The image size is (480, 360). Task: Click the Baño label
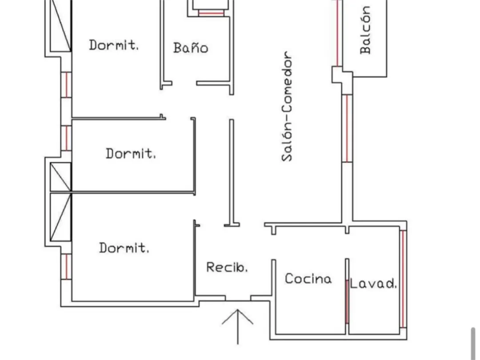(x=191, y=48)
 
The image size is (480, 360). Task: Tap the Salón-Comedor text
(x=288, y=107)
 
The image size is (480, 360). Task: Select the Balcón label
(x=365, y=30)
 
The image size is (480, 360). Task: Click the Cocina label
(x=308, y=279)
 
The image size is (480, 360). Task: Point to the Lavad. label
(x=373, y=284)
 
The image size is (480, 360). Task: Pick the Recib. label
(x=227, y=267)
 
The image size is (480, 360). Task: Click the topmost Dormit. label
(x=114, y=45)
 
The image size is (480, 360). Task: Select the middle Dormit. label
(x=131, y=154)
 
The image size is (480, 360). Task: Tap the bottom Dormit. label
(x=124, y=248)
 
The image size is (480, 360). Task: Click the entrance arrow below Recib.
(x=238, y=324)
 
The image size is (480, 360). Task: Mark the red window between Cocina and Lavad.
(x=347, y=302)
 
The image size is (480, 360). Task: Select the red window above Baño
(x=211, y=13)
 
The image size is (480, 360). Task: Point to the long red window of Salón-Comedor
(x=347, y=128)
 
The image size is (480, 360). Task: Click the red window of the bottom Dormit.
(x=66, y=267)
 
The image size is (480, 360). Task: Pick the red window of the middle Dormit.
(x=66, y=138)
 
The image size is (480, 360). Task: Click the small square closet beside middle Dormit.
(x=60, y=177)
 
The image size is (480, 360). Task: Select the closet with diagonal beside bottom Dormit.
(x=60, y=217)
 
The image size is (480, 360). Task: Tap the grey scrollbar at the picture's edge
(x=474, y=342)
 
